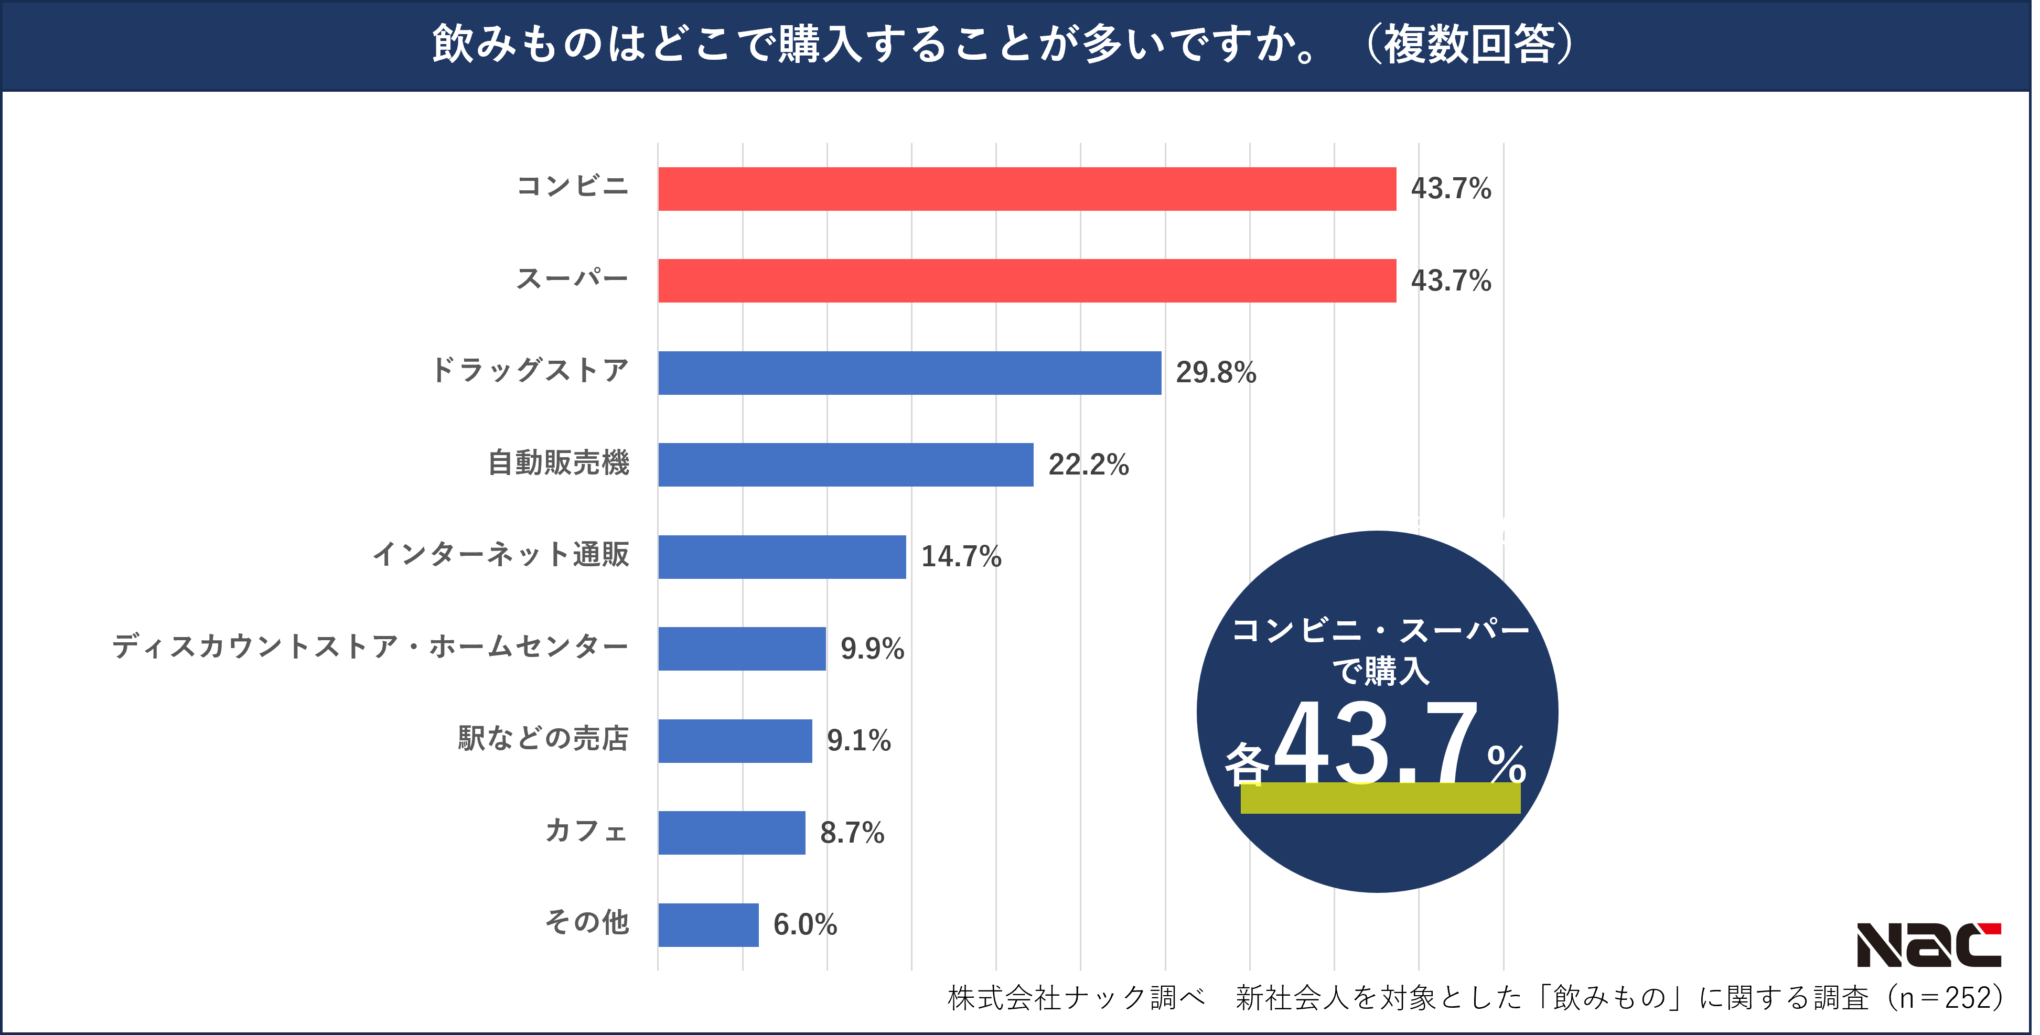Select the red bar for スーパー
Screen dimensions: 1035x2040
[x=1026, y=281]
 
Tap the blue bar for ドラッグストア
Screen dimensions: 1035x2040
[x=909, y=372]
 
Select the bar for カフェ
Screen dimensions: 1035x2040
[x=731, y=832]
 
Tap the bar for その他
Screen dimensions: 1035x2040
[x=708, y=924]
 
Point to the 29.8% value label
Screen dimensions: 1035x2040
[x=1216, y=372]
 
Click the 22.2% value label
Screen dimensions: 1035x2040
[x=1088, y=464]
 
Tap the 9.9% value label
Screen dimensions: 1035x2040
[x=872, y=649]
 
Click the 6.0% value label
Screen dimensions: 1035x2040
[x=804, y=924]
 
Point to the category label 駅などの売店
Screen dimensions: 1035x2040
[x=543, y=738]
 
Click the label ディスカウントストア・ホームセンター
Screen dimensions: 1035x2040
[x=370, y=646]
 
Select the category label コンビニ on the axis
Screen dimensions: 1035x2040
[x=572, y=186]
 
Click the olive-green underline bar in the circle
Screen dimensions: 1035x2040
[x=1380, y=797]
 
